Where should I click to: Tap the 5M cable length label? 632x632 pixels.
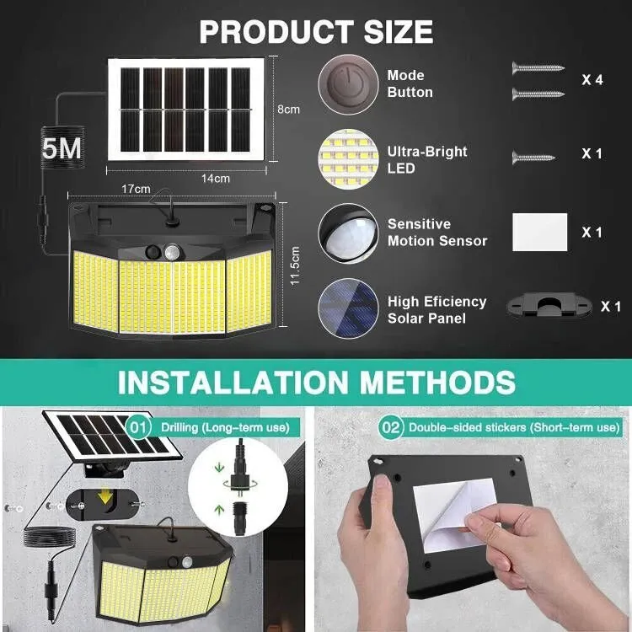point(62,148)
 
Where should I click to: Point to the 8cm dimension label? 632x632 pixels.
point(288,110)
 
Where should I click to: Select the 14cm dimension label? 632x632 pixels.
point(216,178)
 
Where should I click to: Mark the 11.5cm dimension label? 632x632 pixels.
point(294,265)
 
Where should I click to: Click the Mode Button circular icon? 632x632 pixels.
point(346,84)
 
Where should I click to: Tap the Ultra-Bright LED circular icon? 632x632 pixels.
point(346,158)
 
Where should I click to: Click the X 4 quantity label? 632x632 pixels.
point(592,80)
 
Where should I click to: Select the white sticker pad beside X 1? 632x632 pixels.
point(539,232)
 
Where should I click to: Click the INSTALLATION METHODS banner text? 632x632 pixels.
point(316,381)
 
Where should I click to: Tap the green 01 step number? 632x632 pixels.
point(138,427)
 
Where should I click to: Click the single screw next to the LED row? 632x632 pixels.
point(533,156)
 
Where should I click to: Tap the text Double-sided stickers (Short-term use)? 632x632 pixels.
point(514,428)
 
